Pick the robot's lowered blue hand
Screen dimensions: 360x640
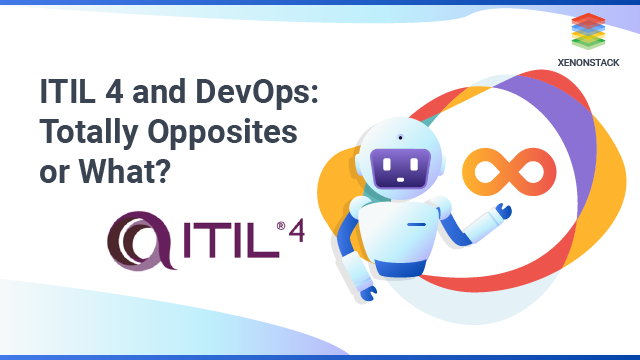click(x=368, y=294)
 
